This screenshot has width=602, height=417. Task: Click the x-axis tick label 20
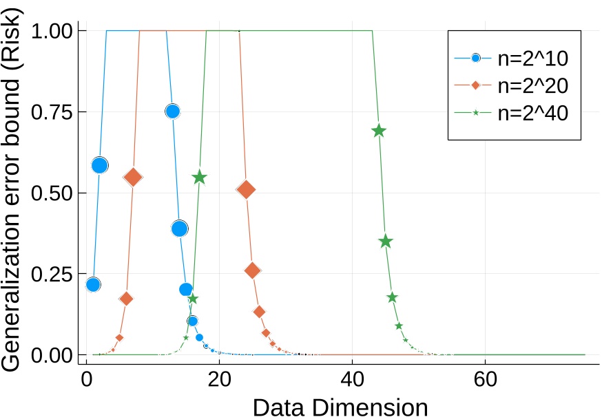pos(219,378)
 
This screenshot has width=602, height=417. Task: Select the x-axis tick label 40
pos(352,378)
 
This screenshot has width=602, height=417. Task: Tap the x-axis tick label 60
pos(485,378)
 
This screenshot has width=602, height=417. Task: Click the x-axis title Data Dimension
pos(340,407)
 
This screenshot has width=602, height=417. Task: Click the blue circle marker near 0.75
pos(172,111)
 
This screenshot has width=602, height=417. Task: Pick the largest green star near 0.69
pos(378,131)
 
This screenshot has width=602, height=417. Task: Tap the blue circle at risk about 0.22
pos(93,284)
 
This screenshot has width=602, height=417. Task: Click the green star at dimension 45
pos(385,242)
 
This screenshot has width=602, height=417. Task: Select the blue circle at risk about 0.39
pos(179,228)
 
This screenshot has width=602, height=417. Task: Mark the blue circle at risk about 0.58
pos(100,165)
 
